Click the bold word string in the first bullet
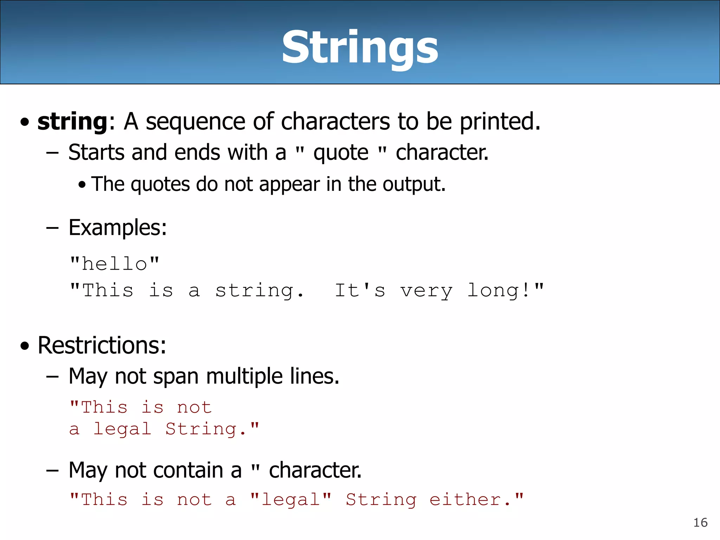pyautogui.click(x=72, y=122)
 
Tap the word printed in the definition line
pyautogui.click(x=499, y=122)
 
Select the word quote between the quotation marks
pyautogui.click(x=341, y=153)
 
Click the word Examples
pyautogui.click(x=117, y=227)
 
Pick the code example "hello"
pyautogui.click(x=115, y=264)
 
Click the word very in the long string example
pyautogui.click(x=426, y=291)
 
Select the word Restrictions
pyautogui.click(x=102, y=345)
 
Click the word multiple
pyautogui.click(x=244, y=376)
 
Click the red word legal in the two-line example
pyautogui.click(x=122, y=429)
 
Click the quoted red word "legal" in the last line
pyautogui.click(x=291, y=500)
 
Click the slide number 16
pyautogui.click(x=700, y=523)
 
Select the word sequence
pyautogui.click(x=195, y=122)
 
